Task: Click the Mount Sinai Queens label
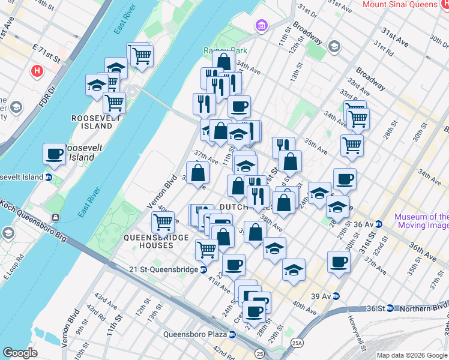405,4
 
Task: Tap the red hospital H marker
37,71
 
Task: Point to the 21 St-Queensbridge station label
163,269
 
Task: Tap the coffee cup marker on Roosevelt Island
54,154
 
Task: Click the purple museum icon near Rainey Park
261,26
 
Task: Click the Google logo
20,353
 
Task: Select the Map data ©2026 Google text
412,355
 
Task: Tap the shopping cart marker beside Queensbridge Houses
163,223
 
